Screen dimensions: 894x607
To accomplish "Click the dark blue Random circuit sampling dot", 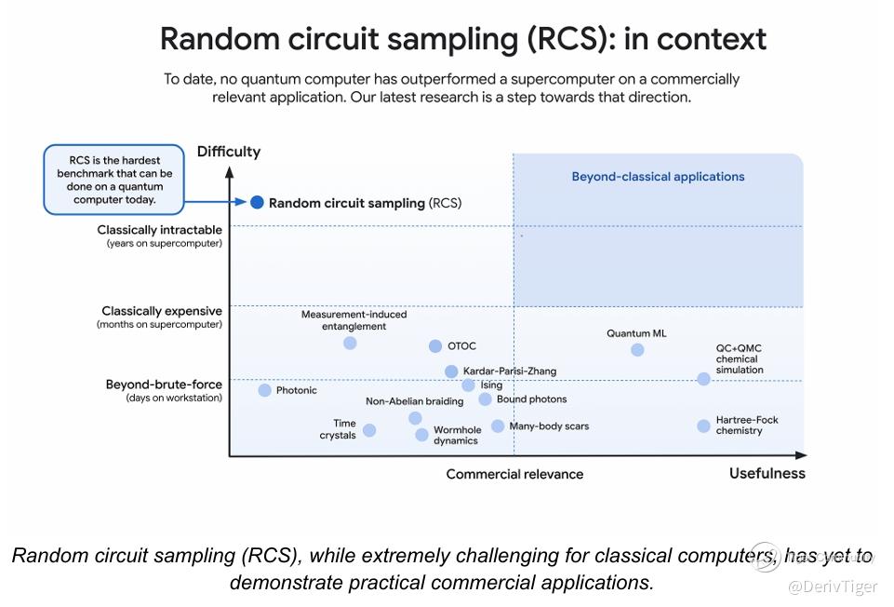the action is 257,202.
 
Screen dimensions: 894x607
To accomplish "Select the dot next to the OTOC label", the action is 435,345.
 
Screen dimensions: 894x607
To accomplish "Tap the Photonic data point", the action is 264,390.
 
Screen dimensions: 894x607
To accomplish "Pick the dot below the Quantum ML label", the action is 637,350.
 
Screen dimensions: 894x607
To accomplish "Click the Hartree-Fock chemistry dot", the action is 703,426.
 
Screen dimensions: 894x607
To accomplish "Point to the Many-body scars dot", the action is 498,426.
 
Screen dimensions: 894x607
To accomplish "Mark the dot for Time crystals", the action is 369,430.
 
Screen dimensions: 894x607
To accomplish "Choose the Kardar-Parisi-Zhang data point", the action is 451,371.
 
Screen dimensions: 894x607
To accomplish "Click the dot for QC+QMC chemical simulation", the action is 703,379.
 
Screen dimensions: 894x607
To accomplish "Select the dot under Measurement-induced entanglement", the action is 350,343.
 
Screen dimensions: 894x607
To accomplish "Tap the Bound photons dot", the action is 486,399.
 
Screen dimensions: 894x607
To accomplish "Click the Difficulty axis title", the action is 229,152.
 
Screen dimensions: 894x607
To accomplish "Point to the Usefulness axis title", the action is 767,473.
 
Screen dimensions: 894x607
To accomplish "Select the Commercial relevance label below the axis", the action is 514,474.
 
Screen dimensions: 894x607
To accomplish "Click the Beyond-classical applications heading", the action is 658,177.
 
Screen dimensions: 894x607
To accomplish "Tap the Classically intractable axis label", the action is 160,230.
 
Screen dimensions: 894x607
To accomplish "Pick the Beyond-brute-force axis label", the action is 164,384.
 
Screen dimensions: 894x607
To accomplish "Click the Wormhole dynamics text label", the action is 457,436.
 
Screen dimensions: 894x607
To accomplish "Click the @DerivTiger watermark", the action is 833,587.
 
